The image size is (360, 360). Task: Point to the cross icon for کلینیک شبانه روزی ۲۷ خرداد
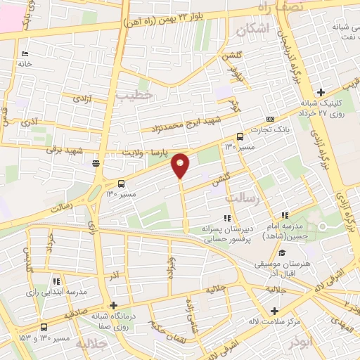point(321,92)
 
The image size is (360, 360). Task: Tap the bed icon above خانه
point(25,54)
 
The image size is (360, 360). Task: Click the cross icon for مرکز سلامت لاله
point(274,311)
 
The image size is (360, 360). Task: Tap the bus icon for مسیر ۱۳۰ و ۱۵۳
point(44,326)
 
